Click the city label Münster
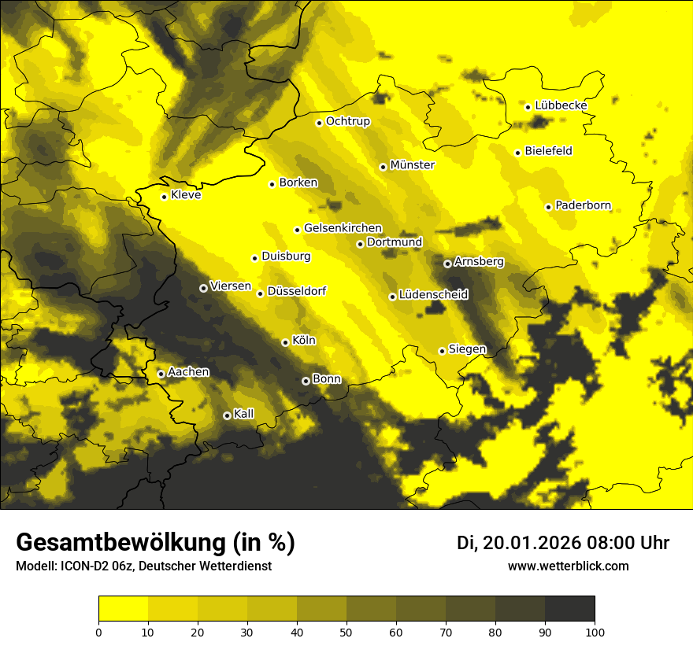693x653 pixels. click(413, 165)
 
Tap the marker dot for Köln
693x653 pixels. click(285, 342)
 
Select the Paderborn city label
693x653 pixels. click(583, 205)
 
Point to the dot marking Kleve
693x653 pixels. click(164, 197)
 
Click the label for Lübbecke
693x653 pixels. click(561, 105)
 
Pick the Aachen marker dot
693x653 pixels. click(161, 374)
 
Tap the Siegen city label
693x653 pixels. click(467, 349)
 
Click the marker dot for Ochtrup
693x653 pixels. click(319, 123)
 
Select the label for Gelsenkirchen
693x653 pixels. click(343, 228)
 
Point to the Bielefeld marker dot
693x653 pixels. click(517, 153)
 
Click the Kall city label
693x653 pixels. click(244, 413)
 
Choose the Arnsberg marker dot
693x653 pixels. click(447, 264)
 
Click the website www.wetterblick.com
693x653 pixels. click(568, 566)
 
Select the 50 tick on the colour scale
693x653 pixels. click(346, 632)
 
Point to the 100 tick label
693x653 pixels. click(595, 632)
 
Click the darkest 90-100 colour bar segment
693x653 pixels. click(569, 609)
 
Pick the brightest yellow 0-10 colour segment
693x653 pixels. click(123, 609)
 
